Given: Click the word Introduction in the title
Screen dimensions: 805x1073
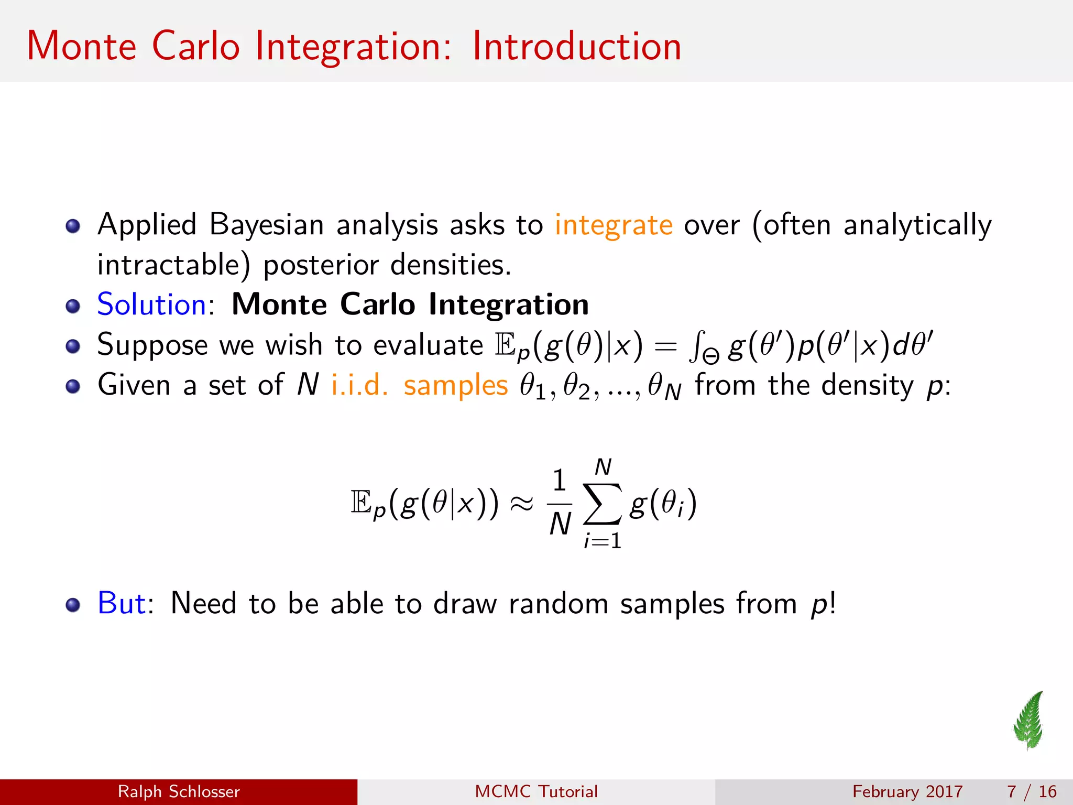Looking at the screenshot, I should [576, 46].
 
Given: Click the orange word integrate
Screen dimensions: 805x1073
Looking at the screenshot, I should [614, 225].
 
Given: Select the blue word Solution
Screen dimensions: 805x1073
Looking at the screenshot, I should [152, 304].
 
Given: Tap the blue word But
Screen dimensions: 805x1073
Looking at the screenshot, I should [122, 603].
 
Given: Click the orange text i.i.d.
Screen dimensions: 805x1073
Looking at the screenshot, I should [360, 385].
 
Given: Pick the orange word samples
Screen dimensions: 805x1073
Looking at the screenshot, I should [455, 385].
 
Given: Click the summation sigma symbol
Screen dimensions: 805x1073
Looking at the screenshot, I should [603, 504].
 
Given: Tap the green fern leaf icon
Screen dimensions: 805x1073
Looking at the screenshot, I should [1029, 721].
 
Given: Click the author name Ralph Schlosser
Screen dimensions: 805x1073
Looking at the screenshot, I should [179, 791].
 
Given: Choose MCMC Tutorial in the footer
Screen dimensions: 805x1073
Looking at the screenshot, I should [536, 791].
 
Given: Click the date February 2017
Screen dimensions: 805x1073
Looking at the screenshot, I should [907, 791].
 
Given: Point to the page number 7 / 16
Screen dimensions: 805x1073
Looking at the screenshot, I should [1031, 791].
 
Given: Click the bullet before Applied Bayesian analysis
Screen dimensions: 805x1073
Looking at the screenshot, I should [73, 226].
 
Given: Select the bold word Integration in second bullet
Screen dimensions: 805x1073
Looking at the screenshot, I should [508, 304].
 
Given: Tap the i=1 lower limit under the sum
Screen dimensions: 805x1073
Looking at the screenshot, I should [603, 541].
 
